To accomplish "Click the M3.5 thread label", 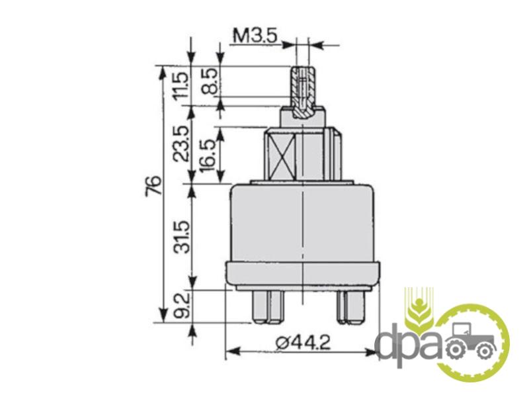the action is [255, 36].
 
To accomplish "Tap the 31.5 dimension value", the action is [183, 236].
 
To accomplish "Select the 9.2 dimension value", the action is [183, 306].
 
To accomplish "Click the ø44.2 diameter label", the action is [304, 343].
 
